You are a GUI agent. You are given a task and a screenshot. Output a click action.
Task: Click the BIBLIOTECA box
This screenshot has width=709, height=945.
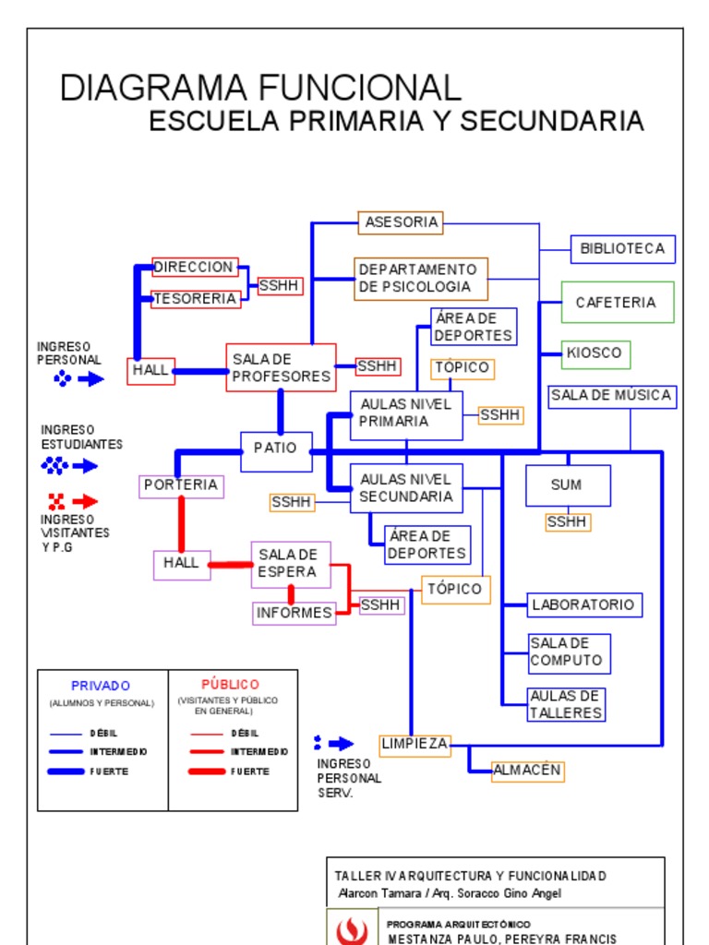[x=622, y=249]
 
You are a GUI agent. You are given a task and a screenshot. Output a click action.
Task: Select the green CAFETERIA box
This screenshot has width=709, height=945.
[x=618, y=303]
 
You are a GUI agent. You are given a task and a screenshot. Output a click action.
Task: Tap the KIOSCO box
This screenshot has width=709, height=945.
[x=595, y=353]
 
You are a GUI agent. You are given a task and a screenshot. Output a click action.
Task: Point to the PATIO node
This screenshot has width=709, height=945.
[x=276, y=449]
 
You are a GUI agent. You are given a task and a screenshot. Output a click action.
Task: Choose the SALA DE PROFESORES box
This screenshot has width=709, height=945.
[x=281, y=367]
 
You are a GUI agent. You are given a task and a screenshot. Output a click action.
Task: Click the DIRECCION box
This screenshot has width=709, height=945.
[x=195, y=268]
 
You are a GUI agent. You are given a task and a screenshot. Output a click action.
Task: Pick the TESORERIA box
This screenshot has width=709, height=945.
[x=196, y=299]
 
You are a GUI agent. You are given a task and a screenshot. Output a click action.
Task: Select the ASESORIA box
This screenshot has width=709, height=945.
[x=401, y=222]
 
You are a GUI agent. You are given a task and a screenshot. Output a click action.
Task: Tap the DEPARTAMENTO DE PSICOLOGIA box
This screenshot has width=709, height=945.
[x=421, y=279]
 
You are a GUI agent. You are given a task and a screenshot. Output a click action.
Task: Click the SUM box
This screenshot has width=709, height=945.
[x=567, y=485]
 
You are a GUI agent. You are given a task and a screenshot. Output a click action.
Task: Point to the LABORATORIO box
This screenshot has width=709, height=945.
[x=584, y=605]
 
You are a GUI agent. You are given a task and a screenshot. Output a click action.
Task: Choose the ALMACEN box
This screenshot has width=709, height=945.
[x=527, y=771]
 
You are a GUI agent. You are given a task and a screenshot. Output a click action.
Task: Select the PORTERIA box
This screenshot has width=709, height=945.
[x=182, y=485]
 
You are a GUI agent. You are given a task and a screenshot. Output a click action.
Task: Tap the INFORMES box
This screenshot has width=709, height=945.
[x=294, y=613]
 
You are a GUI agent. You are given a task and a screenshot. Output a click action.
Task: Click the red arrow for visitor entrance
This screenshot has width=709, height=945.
[x=85, y=502]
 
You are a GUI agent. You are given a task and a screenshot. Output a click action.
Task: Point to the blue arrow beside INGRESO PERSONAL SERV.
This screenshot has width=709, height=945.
[x=341, y=744]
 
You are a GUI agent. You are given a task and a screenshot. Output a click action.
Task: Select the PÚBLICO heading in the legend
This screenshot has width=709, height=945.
[x=230, y=685]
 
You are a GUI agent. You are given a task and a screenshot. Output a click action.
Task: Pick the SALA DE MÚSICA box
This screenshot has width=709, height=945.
[x=611, y=396]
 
